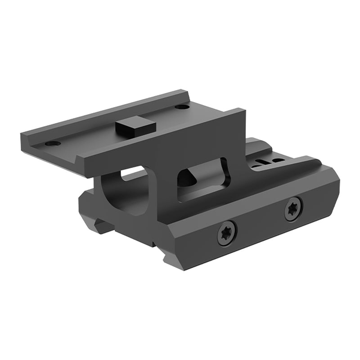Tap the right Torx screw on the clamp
click(293, 209)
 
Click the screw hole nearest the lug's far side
click(182, 107)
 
